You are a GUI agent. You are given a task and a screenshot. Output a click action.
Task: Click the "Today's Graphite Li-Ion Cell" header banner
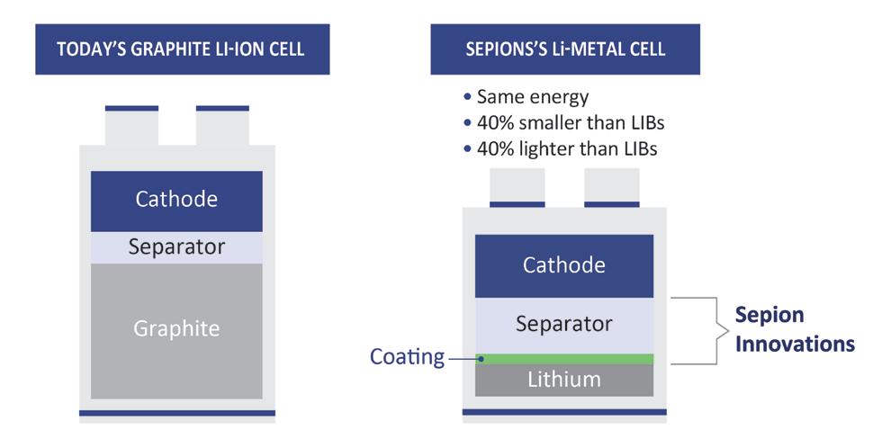tap(181, 49)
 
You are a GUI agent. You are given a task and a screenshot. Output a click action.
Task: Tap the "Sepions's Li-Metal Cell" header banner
tap(565, 49)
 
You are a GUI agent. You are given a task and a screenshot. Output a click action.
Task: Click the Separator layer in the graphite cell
tap(176, 246)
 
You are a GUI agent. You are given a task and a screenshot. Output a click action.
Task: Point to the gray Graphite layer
tap(176, 329)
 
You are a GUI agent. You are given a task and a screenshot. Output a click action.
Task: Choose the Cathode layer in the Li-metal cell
tap(564, 265)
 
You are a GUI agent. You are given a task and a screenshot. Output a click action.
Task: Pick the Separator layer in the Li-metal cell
tap(564, 324)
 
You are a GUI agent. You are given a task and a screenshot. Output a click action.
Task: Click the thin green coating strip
tap(564, 359)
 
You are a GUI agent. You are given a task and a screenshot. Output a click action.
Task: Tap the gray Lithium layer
tap(564, 380)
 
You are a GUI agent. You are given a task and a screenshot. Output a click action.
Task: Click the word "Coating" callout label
tap(407, 357)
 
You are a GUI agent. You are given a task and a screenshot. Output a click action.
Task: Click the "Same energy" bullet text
tap(532, 96)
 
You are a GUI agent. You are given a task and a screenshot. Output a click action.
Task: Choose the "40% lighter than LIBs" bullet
tap(560, 148)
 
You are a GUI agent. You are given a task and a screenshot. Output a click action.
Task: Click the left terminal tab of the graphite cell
tap(131, 126)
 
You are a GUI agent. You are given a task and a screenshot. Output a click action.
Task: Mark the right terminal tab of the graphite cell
tap(222, 126)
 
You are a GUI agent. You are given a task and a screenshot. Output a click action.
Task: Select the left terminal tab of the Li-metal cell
tap(517, 187)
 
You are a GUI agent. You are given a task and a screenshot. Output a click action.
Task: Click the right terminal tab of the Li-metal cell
tap(611, 187)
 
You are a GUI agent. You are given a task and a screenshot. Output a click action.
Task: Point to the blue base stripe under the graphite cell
tap(176, 414)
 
